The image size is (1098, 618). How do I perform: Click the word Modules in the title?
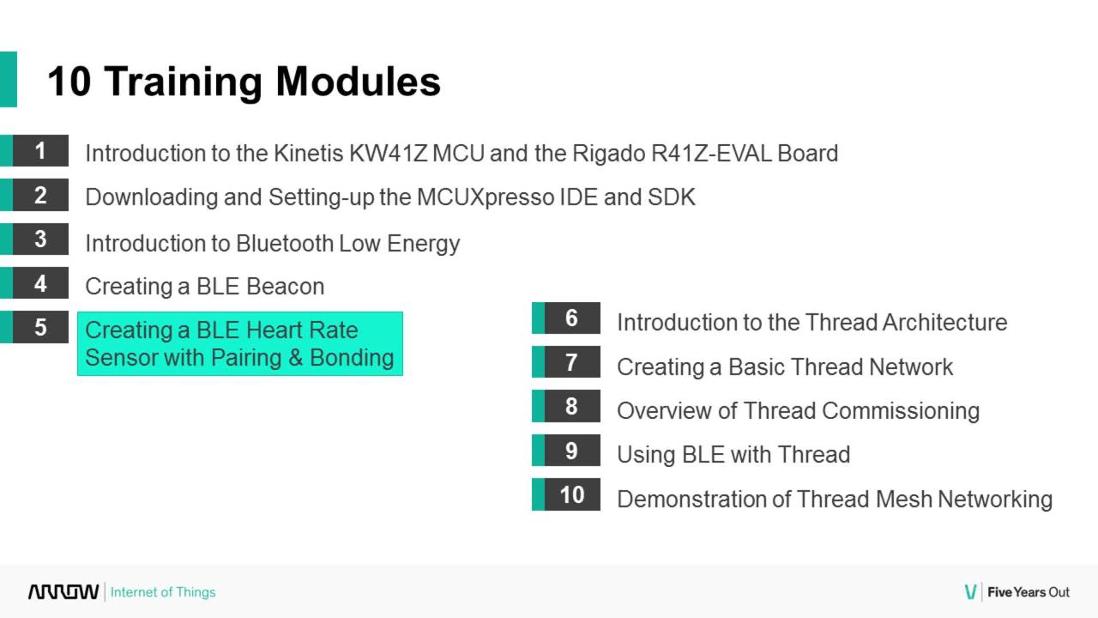pos(359,82)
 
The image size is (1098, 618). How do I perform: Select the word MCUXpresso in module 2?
pos(486,197)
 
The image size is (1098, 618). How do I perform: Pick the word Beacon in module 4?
pos(286,287)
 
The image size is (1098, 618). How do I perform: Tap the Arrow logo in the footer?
pos(63,592)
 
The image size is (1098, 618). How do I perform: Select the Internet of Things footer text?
pos(163,592)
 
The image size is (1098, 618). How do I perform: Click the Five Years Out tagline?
pos(1029,592)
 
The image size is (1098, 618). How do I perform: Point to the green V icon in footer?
pos(970,592)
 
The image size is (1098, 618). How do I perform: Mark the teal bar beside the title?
pos(9,79)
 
